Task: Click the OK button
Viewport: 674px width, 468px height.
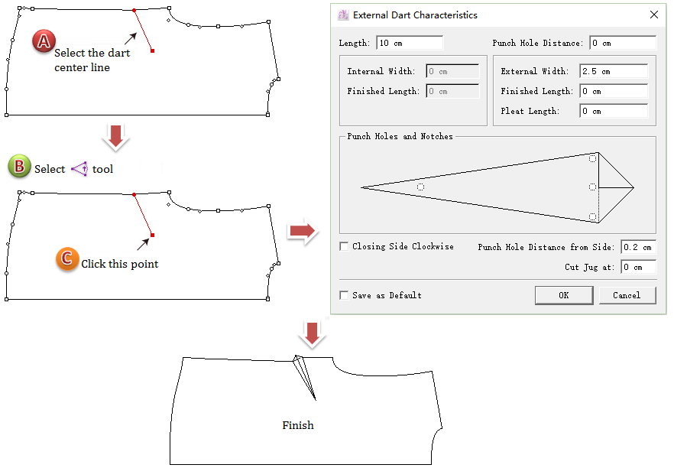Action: tap(563, 295)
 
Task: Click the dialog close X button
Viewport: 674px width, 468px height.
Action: tap(653, 15)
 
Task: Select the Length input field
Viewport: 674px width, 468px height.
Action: tap(410, 43)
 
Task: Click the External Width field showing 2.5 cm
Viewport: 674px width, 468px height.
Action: tap(614, 71)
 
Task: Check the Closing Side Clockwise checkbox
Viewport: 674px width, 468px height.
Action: tap(345, 246)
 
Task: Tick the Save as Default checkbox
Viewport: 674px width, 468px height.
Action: tap(345, 295)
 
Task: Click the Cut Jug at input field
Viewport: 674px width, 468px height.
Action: tap(637, 267)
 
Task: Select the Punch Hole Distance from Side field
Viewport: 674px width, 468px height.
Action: tap(637, 247)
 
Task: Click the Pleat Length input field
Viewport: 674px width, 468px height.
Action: tap(614, 111)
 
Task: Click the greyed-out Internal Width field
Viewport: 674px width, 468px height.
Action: tap(452, 71)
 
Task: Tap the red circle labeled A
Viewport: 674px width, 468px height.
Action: tap(43, 42)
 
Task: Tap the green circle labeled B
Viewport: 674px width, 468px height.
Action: tap(18, 167)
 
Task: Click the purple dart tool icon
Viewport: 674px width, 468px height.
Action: tap(79, 169)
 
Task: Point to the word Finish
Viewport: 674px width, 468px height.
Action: tap(298, 425)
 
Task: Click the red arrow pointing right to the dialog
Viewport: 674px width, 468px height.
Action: tap(303, 231)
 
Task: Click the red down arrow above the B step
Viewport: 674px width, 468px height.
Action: tap(116, 137)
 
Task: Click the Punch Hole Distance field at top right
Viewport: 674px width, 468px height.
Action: tap(622, 43)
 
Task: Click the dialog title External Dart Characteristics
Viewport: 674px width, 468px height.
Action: tap(415, 15)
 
